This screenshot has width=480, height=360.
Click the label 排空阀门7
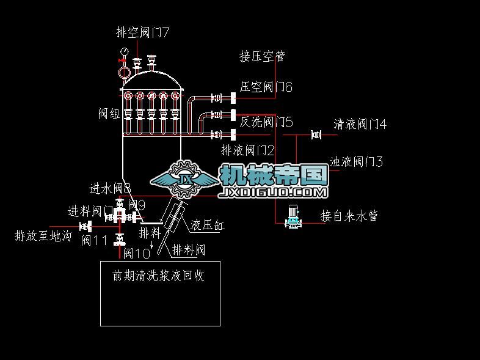coord(142,32)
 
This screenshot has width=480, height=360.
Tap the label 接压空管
coord(262,57)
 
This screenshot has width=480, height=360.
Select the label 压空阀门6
coord(266,87)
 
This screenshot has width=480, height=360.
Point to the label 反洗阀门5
coord(266,122)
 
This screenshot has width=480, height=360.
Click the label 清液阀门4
coord(360,125)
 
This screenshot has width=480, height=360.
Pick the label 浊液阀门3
coord(357,162)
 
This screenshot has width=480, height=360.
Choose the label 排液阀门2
coord(247,150)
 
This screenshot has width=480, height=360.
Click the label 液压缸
coord(208,225)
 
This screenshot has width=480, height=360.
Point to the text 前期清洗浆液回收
coord(158,276)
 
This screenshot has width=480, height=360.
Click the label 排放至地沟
coord(43,235)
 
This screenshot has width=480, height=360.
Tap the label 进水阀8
coord(110,188)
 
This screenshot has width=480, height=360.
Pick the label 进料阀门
coord(90,211)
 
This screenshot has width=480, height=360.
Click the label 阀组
coord(109,114)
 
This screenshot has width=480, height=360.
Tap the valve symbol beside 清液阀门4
coord(316,134)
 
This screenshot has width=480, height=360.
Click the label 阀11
coord(95,240)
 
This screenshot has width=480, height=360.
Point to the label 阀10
coord(136,253)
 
